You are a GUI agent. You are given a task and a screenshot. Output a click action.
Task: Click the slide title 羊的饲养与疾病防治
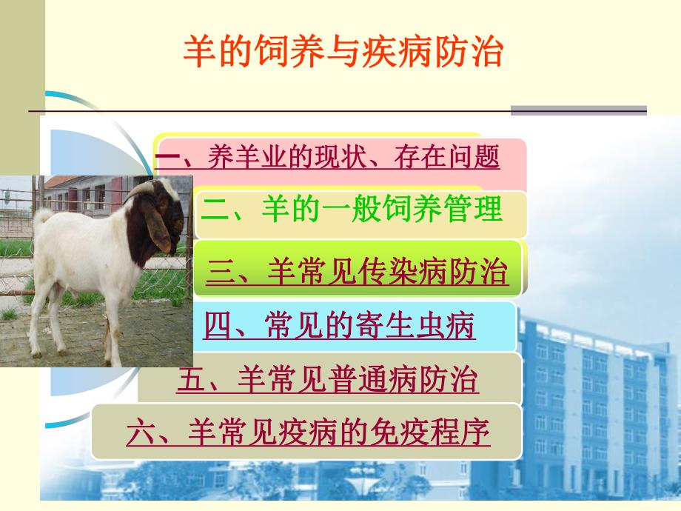[x=343, y=53]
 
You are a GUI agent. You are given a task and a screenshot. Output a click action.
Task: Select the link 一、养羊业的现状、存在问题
[x=328, y=157]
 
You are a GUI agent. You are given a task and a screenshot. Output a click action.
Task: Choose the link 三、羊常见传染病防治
[x=357, y=273]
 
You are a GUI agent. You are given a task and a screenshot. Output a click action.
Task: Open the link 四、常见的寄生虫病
[x=340, y=326]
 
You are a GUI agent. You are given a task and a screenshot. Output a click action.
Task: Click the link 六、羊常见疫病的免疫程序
[x=309, y=432]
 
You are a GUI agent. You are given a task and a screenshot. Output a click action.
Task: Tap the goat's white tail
[x=42, y=218]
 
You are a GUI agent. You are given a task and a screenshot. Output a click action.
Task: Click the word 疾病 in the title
[x=407, y=53]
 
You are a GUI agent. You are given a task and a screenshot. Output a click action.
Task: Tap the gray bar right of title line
[x=578, y=110]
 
